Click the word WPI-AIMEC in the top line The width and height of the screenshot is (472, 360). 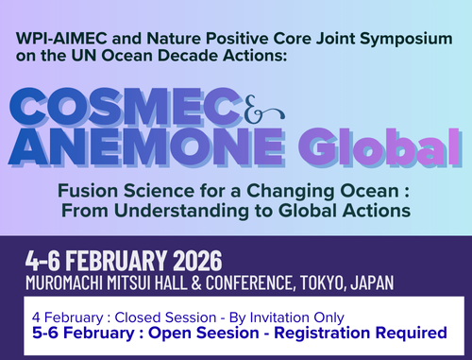62,39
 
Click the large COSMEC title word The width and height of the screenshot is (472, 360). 126,108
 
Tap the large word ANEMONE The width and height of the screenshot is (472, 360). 146,147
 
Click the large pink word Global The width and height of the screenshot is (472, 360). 379,147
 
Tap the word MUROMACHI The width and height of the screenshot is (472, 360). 64,283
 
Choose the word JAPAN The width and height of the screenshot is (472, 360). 372,283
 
